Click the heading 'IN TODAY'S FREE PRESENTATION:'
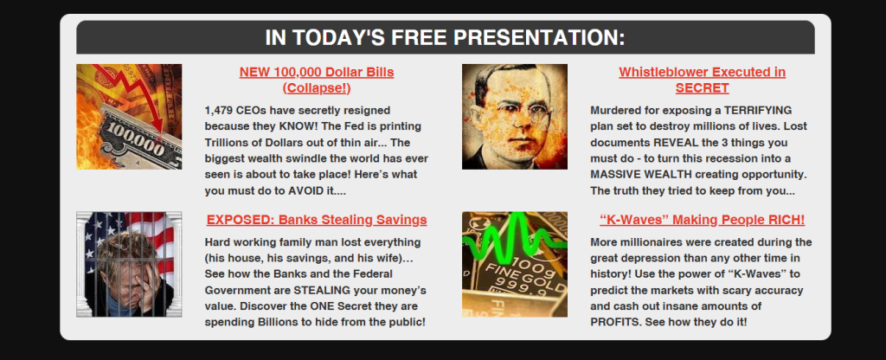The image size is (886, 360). click(446, 38)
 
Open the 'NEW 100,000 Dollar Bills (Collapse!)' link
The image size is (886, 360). click(317, 80)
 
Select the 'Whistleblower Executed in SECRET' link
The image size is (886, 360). click(702, 80)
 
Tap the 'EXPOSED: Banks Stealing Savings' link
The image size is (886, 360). click(317, 220)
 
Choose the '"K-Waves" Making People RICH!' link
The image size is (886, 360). click(702, 220)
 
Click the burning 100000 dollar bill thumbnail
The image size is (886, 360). click(129, 117)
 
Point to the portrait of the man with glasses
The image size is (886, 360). click(515, 117)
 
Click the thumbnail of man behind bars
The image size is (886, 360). click(129, 265)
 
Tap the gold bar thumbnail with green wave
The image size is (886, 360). click(515, 265)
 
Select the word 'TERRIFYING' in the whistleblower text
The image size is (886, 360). click(761, 110)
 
